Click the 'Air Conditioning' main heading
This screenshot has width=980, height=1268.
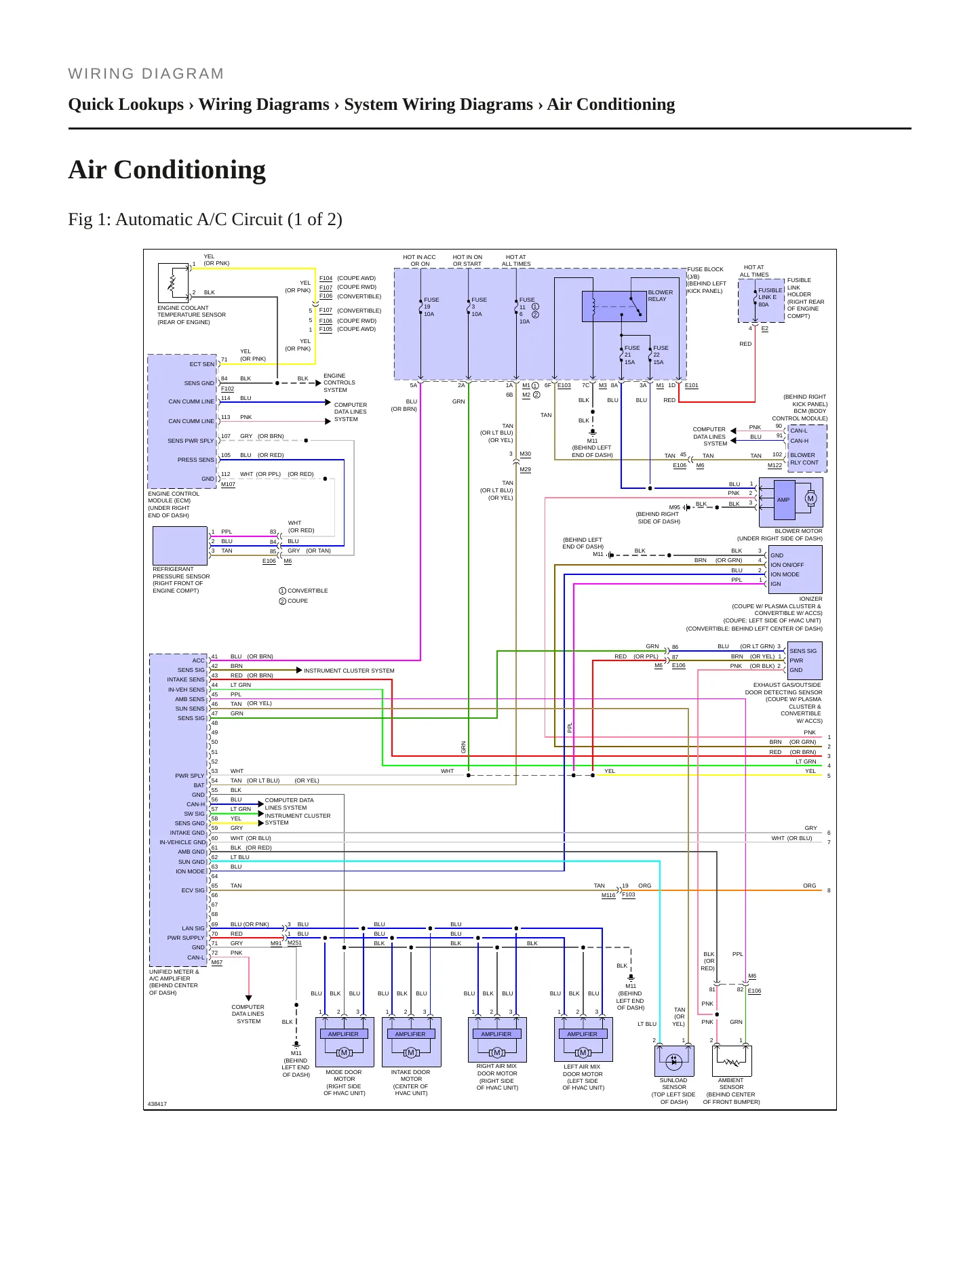tap(167, 170)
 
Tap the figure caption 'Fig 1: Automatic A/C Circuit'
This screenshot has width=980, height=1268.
tap(205, 219)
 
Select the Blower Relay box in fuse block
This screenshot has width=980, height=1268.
tap(614, 306)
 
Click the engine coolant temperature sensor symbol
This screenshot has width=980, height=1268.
tap(173, 283)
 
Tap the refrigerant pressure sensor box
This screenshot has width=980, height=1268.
tap(180, 546)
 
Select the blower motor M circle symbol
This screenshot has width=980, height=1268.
tap(810, 498)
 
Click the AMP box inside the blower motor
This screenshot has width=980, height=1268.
tap(783, 500)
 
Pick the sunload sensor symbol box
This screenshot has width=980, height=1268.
tap(673, 1061)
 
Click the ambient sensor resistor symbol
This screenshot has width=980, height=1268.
tap(732, 1061)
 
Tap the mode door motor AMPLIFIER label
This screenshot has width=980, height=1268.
tap(343, 1034)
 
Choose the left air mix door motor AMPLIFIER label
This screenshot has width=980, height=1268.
tap(582, 1034)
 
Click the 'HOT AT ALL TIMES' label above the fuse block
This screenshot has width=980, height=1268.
tap(516, 260)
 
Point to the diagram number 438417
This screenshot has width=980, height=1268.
tap(157, 1104)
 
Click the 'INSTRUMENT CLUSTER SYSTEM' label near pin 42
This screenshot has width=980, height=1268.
tap(349, 671)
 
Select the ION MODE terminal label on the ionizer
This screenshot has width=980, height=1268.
tap(785, 574)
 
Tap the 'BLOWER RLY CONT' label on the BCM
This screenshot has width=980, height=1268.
tap(804, 459)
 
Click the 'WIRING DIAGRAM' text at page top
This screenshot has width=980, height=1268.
tap(146, 74)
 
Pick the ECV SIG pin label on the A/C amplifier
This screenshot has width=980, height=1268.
tap(193, 890)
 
